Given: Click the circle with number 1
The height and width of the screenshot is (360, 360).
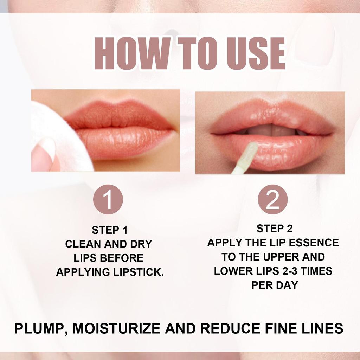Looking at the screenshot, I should point(108,199).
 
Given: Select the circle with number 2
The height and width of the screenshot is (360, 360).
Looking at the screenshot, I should point(272,199).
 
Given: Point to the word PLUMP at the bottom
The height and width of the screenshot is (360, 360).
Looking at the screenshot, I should point(37,329).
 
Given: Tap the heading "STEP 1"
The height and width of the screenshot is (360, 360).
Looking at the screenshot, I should point(110,230).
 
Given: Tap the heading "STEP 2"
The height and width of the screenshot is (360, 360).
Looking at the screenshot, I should point(274,229).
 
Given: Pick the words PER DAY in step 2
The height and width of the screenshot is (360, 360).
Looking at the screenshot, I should point(274,285).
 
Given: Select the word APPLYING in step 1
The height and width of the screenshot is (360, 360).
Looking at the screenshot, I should point(80,272).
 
